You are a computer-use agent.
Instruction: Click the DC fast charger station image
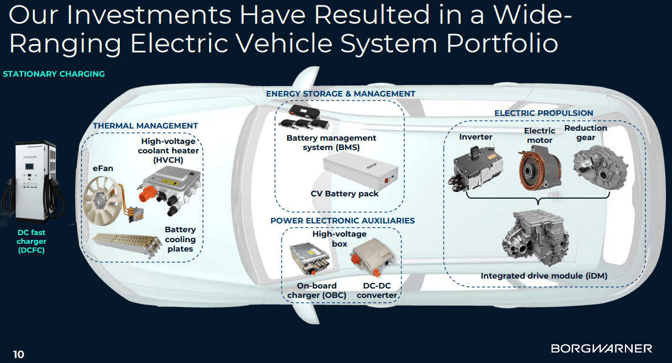33,182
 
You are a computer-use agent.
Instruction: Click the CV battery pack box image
361,172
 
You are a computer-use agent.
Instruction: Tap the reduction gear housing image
600,167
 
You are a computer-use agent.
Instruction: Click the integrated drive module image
536,238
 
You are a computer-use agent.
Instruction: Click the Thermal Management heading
145,126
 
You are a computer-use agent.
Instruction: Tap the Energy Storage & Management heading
341,94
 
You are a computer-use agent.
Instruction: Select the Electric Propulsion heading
543,113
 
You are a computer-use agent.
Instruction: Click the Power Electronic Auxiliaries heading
342,221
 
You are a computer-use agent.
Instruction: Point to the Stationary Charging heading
54,74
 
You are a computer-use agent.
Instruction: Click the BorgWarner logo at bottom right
601,349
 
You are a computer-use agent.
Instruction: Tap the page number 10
19,355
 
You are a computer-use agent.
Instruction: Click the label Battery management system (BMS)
331,143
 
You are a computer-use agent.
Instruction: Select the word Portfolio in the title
502,44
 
